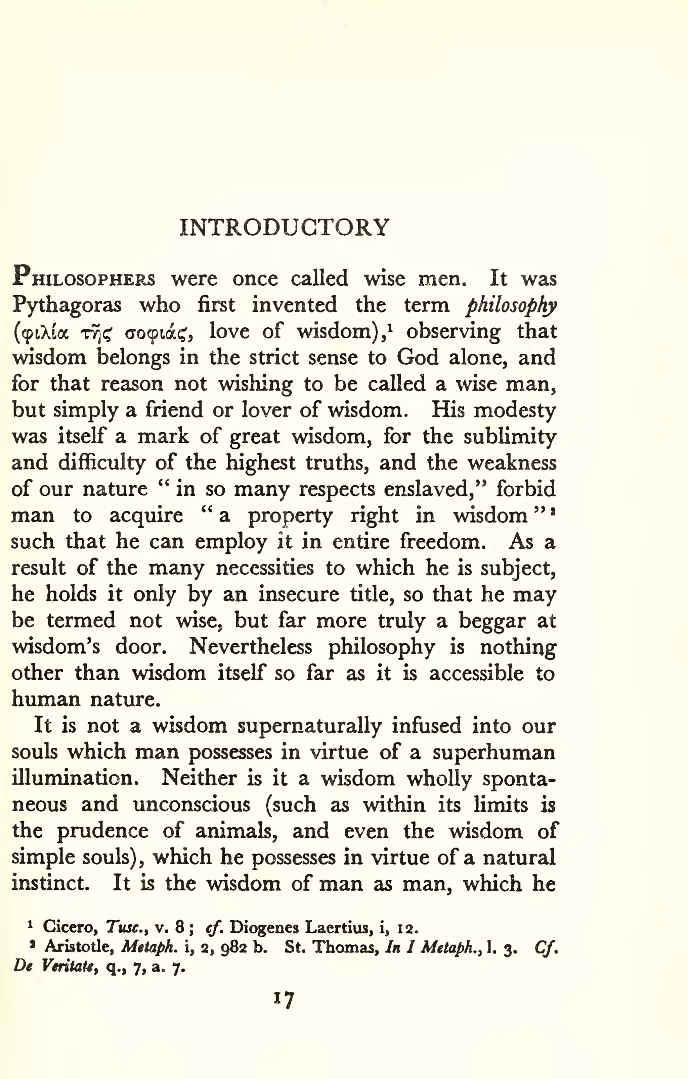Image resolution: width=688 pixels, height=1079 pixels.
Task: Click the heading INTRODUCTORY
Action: (x=284, y=228)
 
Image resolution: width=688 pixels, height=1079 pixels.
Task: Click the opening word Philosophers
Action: (x=84, y=278)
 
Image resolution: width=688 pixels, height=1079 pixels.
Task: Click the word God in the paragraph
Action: (x=417, y=357)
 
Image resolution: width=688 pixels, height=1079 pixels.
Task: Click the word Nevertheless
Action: (x=250, y=647)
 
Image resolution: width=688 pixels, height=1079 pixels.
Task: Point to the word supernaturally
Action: (x=309, y=726)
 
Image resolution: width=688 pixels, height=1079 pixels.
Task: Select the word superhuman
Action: (x=493, y=752)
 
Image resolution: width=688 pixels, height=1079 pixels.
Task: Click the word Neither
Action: (x=199, y=778)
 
